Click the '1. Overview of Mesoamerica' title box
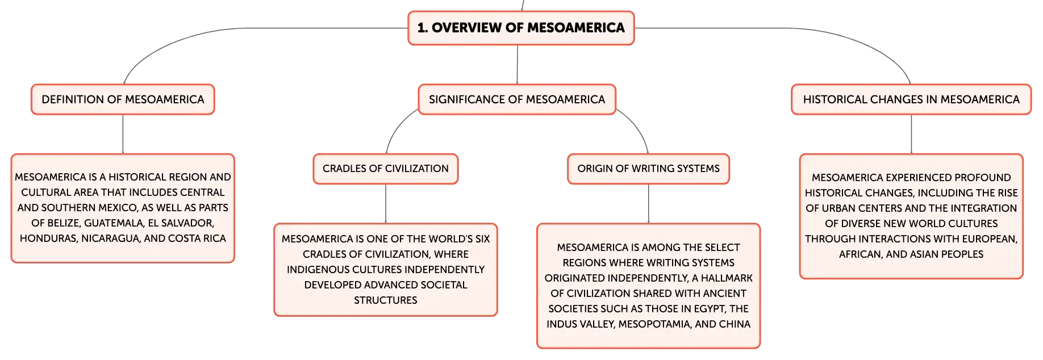521,28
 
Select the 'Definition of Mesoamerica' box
123,99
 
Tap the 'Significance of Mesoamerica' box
517,99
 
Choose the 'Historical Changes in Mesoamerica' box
911,99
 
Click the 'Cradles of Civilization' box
386,169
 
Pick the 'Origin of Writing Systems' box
648,169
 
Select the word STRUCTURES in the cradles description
386,300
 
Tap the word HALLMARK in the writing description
727,278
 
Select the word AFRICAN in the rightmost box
860,254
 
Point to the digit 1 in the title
421,28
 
